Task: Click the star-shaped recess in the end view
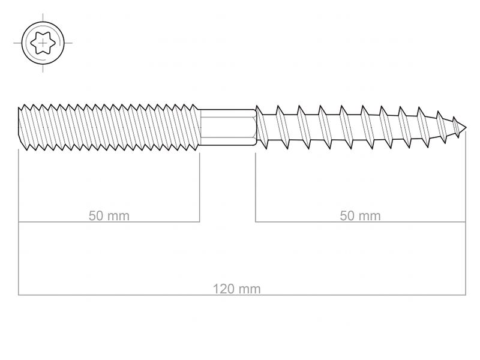coord(43,43)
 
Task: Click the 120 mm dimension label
coord(236,289)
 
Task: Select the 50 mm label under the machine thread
coord(109,216)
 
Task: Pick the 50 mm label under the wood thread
coord(361,216)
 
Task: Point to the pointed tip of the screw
coord(466,128)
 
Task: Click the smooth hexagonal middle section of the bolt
coord(228,127)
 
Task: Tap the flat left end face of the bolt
coord(19,127)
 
